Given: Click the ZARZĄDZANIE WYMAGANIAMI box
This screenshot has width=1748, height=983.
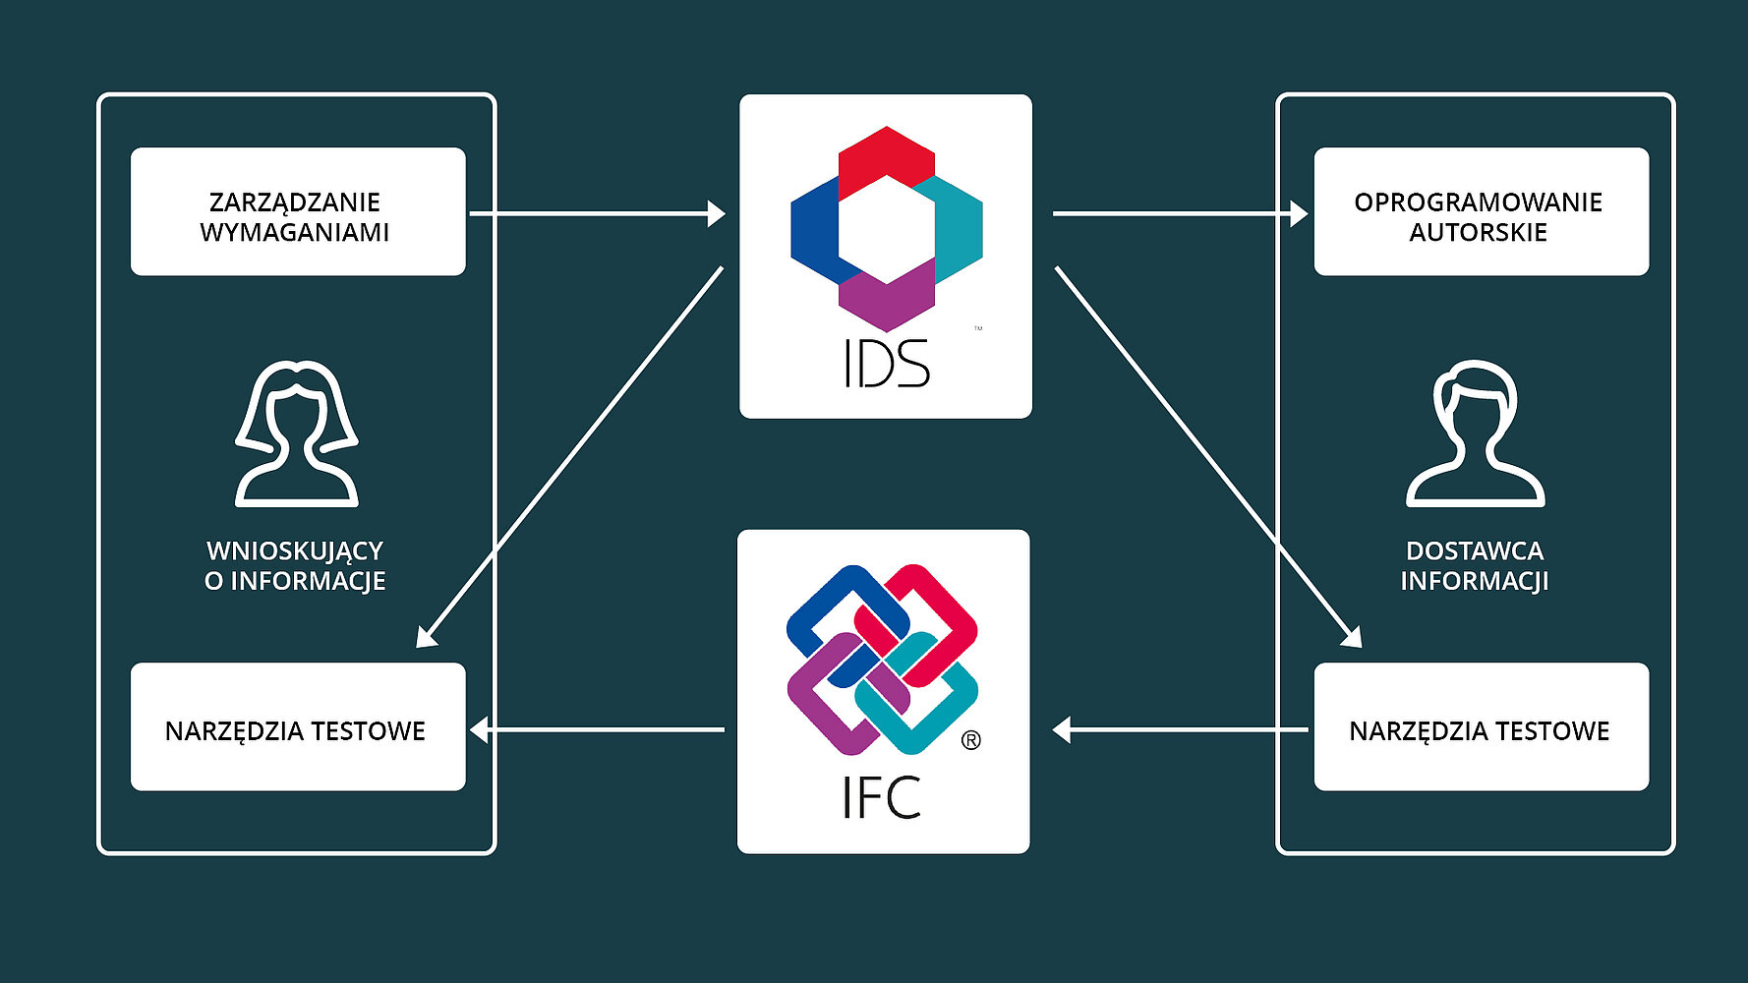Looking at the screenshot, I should point(297,211).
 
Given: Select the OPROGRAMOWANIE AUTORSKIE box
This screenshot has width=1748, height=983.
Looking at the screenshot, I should point(1481,211).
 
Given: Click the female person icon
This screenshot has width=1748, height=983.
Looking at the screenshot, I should point(296,434).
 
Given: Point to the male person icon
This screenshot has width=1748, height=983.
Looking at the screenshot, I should point(1475,434).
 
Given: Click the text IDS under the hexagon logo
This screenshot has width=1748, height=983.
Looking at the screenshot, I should point(886,364).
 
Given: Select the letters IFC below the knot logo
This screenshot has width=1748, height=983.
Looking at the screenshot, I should point(882,797).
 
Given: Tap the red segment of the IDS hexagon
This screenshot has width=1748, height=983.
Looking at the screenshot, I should point(886,157).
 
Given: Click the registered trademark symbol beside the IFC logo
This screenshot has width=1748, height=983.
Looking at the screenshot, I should point(971,740).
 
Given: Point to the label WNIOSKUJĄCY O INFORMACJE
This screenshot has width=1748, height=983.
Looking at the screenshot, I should point(295,565).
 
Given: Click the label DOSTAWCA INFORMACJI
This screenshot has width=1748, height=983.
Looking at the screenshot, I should point(1475,565).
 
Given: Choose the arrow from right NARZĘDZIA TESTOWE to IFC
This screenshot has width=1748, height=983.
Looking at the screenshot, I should point(1180,729).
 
